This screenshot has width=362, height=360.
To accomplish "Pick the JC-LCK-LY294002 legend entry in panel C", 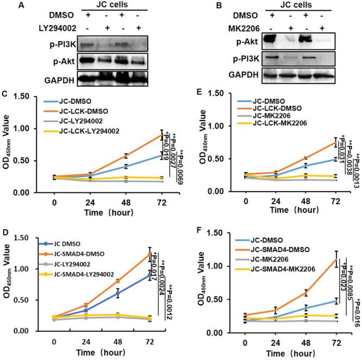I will click(x=85, y=130).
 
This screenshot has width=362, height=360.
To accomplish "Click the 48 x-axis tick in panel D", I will click(x=117, y=343).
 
